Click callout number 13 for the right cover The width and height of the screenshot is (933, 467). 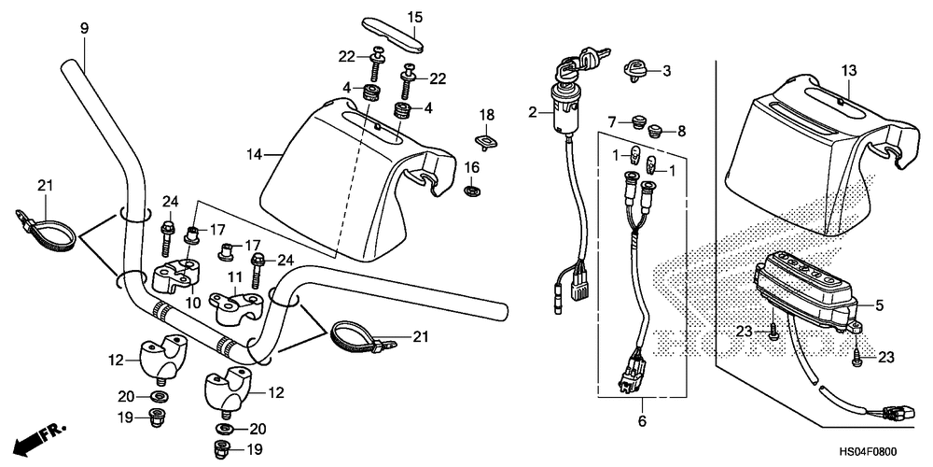(847, 71)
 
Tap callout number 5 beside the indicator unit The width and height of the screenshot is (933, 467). (880, 304)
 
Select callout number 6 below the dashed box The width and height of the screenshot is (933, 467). (641, 421)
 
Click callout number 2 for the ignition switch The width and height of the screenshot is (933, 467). (533, 113)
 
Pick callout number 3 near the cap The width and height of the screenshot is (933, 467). (666, 70)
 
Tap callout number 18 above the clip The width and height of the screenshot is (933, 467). (485, 114)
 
